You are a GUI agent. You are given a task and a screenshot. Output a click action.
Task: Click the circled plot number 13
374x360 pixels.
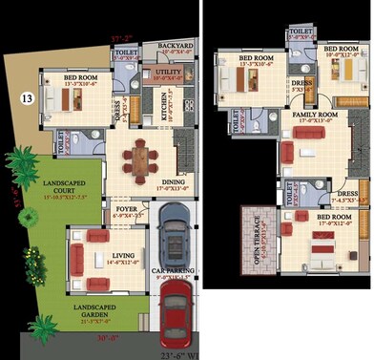26,95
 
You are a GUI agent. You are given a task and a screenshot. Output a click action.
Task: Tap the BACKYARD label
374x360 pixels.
176,46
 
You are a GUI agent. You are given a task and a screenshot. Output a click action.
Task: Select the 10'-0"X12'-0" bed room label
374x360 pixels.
341,51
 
